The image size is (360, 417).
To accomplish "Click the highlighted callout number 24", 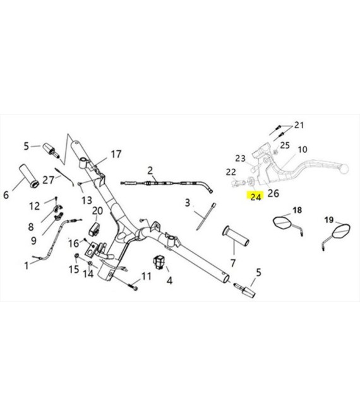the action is coord(256,196).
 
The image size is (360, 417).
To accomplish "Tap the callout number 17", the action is coord(116,154).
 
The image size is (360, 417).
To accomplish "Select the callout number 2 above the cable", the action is coord(150,171).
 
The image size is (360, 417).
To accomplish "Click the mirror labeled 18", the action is coord(288,226).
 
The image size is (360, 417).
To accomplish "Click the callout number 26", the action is coord(273,193).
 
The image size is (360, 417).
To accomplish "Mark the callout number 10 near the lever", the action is coord(303,150).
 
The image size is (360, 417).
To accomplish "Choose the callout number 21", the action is coord(299,125).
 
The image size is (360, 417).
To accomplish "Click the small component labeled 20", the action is coord(94,229).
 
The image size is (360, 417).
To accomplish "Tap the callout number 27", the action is coord(48,180).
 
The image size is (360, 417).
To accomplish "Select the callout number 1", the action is coord(27,265).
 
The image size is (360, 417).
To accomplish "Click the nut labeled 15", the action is coord(76,256).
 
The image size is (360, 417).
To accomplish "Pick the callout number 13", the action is coord(87,200).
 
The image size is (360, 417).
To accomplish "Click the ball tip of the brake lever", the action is coord(344,169).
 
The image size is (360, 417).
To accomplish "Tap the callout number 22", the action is coord(231,172).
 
